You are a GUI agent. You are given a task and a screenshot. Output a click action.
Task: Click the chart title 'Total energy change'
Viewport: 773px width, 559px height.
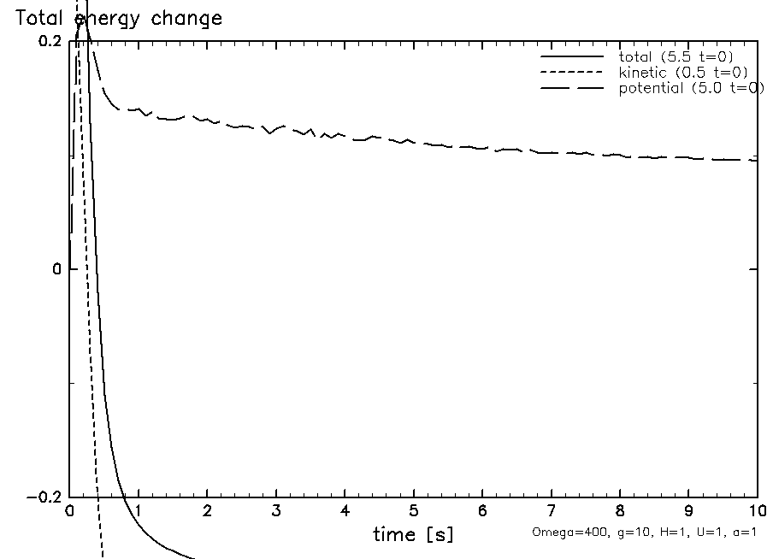[119, 18]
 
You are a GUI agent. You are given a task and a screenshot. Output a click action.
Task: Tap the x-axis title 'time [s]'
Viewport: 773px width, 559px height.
[413, 535]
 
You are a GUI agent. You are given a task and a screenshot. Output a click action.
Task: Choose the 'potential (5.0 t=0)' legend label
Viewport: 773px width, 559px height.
[691, 88]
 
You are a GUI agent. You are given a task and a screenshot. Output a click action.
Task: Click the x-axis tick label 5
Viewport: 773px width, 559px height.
[414, 511]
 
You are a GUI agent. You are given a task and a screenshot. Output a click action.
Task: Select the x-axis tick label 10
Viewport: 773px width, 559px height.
[757, 511]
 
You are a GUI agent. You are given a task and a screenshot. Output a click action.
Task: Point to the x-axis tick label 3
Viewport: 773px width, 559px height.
[276, 511]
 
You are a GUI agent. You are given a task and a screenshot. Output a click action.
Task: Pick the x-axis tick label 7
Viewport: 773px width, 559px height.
[552, 511]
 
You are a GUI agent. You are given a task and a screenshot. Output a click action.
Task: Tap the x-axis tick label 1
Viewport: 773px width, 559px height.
[139, 511]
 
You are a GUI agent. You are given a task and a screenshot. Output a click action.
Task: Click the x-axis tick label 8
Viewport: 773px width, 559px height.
[620, 511]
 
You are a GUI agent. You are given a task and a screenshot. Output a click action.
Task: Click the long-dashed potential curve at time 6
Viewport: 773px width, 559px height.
[482, 148]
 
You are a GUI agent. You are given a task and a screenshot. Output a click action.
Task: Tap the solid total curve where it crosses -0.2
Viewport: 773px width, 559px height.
[125, 497]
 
